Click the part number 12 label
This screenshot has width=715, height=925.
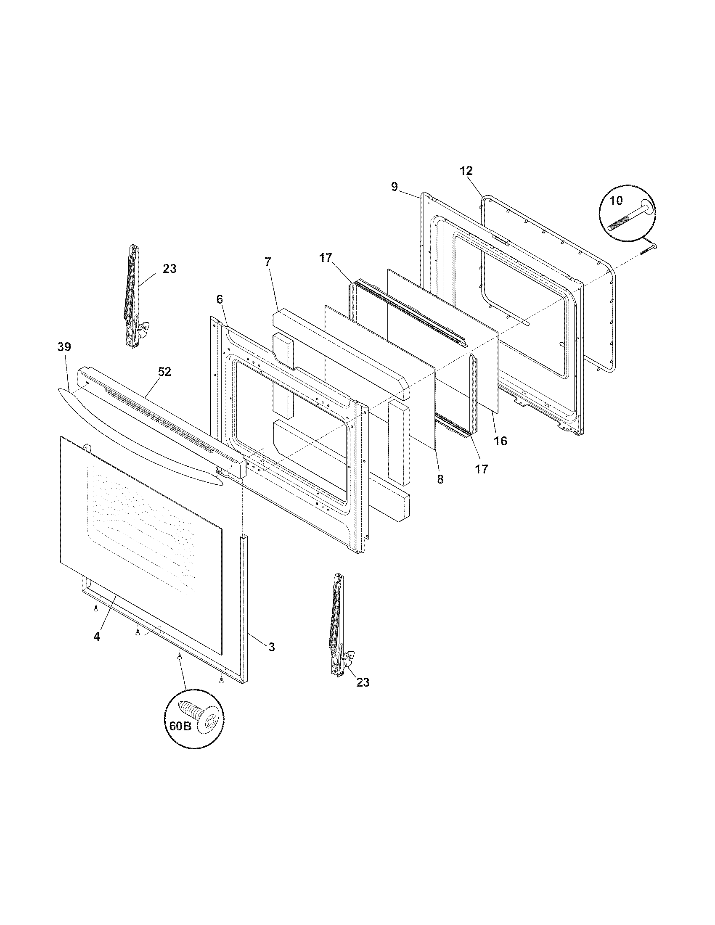click(x=466, y=171)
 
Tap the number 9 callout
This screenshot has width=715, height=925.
click(x=395, y=187)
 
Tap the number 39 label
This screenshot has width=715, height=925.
click(x=64, y=347)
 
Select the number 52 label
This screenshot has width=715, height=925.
click(x=164, y=371)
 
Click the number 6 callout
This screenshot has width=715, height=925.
click(x=219, y=299)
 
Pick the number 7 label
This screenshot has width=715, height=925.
click(x=267, y=262)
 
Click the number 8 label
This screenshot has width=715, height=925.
click(x=440, y=479)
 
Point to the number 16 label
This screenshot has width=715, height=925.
click(x=500, y=441)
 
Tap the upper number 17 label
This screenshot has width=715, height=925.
click(x=326, y=258)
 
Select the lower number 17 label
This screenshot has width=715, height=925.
click(x=481, y=469)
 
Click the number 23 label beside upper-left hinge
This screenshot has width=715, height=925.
click(x=169, y=269)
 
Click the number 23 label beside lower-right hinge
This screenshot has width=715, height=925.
click(x=363, y=682)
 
